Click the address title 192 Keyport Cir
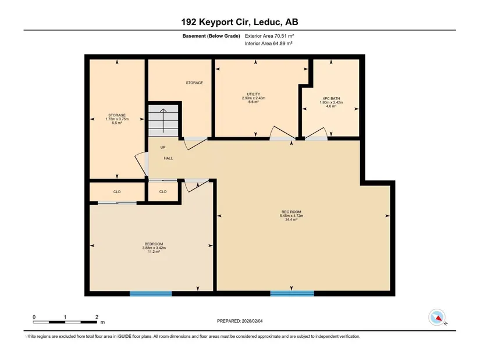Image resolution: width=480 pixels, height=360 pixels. click(x=216, y=22)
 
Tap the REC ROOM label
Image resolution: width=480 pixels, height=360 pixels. click(x=291, y=212)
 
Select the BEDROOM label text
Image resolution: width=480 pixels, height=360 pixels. click(x=154, y=244)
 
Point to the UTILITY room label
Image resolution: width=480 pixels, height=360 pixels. click(x=254, y=94)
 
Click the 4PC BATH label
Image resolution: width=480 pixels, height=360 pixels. click(x=331, y=98)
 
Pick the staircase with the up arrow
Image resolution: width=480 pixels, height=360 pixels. click(x=163, y=120)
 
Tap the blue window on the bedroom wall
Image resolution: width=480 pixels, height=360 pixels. click(x=151, y=294)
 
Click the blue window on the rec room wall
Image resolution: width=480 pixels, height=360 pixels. click(x=292, y=294)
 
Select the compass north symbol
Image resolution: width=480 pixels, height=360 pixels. click(x=437, y=318)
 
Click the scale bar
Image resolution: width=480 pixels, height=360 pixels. click(x=65, y=322)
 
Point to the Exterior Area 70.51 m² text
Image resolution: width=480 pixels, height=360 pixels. click(x=269, y=36)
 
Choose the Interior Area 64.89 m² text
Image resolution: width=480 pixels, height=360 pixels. click(x=268, y=44)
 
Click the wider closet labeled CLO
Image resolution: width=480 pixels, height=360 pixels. click(x=117, y=192)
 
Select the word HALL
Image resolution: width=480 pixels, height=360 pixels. click(x=168, y=158)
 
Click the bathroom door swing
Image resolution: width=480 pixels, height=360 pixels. click(x=317, y=134)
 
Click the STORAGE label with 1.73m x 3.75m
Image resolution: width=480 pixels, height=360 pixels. click(x=117, y=115)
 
